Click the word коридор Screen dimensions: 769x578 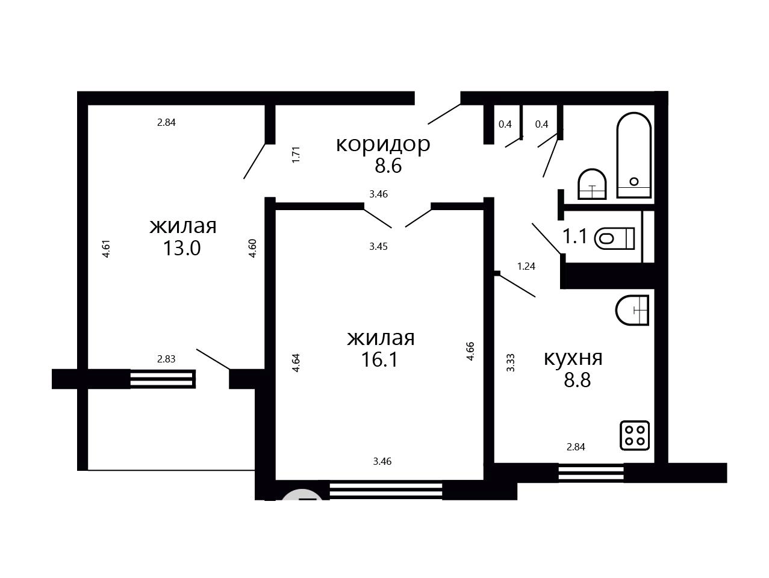383,144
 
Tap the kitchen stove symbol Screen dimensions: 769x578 635,435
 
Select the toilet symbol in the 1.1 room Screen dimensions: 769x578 614,238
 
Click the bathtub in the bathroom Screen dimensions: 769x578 634,155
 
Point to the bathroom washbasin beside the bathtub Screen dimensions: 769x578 592,184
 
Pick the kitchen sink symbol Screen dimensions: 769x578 632,310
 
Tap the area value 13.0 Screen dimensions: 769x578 182,248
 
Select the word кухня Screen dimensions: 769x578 573,359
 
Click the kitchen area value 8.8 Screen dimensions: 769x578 577,380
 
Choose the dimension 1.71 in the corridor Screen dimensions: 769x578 296,155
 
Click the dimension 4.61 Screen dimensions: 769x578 107,249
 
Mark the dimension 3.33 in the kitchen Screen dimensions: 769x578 511,363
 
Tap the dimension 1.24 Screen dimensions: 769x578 526,267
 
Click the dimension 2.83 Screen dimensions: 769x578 166,359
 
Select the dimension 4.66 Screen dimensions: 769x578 470,351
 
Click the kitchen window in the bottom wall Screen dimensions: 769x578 591,473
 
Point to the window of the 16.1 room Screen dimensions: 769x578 386,491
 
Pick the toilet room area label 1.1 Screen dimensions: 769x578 574,236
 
